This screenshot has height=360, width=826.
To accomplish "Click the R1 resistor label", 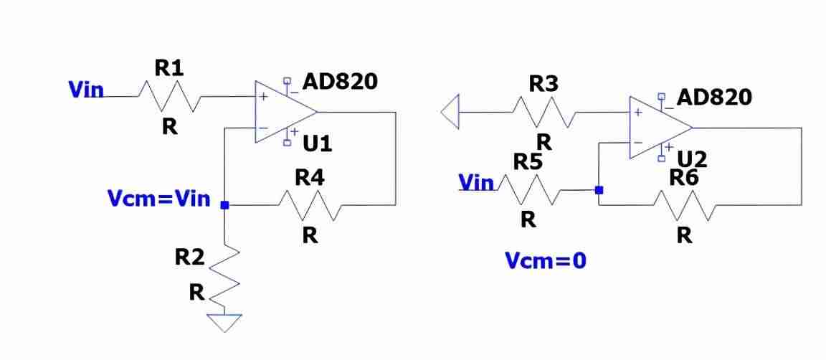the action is tap(169, 68).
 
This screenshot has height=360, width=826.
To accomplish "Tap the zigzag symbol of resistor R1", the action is tap(169, 97).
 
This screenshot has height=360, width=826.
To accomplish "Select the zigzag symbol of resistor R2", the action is tap(225, 275).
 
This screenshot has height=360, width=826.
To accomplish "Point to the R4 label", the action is tap(309, 178).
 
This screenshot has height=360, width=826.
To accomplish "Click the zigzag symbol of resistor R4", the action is tap(310, 205).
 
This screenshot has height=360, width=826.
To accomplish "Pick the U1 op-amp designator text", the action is tap(317, 143).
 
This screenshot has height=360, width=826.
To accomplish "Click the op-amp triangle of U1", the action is tap(286, 112).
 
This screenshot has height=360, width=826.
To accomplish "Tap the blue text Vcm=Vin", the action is tap(158, 199).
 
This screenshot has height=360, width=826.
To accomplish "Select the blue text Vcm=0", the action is tap(545, 260).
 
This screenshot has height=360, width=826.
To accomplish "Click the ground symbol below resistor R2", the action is tap(225, 323).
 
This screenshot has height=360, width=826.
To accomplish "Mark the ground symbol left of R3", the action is tap(450, 112).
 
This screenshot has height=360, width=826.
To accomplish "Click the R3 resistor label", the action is tap(543, 84).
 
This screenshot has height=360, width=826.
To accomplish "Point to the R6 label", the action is tap(684, 178).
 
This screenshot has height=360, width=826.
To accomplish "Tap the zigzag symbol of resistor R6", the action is tap(684, 205).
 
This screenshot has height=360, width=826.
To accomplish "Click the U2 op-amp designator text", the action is tap(692, 158).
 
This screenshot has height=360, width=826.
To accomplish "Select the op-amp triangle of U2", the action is tap(660, 128).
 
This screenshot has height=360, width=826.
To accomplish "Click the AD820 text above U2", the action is tap(714, 98).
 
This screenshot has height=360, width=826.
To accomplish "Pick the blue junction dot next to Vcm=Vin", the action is tap(225, 205).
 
